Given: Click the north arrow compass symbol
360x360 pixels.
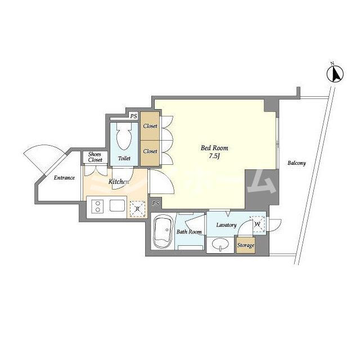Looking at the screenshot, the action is (x=335, y=73).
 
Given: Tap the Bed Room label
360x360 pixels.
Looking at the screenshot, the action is (x=214, y=148).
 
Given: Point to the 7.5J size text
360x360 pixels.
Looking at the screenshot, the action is (x=214, y=156).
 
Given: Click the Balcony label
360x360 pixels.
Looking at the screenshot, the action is (x=296, y=163).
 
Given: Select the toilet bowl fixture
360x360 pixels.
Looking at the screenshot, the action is (x=124, y=136).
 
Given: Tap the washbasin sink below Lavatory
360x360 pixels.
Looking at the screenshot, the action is (x=220, y=244).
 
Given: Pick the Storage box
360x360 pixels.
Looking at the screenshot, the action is (x=246, y=245).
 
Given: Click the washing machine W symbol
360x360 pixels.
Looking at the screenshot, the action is (x=258, y=224).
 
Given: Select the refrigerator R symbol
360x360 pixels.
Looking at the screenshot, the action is (x=137, y=209).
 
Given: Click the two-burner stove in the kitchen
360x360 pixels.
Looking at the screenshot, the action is (x=98, y=206).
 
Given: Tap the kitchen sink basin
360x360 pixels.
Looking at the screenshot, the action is (x=117, y=205).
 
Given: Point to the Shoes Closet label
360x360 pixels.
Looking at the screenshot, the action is (x=95, y=157).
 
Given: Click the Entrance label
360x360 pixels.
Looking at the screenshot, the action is (x=64, y=178).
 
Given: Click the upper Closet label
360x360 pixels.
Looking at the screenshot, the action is (x=150, y=126).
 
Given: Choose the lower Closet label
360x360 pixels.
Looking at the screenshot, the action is (x=150, y=151).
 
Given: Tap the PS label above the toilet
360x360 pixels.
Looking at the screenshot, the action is (x=134, y=116).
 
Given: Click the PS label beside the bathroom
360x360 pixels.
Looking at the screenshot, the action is (x=155, y=204).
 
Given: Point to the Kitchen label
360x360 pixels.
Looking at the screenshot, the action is (x=119, y=182).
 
